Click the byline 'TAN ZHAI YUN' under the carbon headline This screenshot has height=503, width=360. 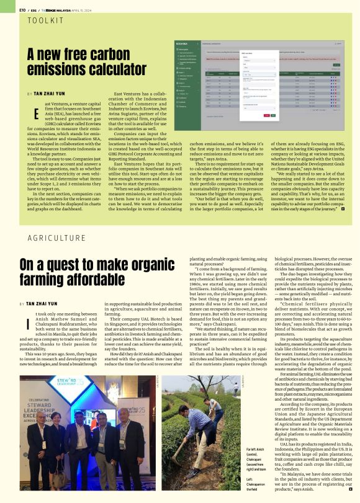[53, 94]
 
